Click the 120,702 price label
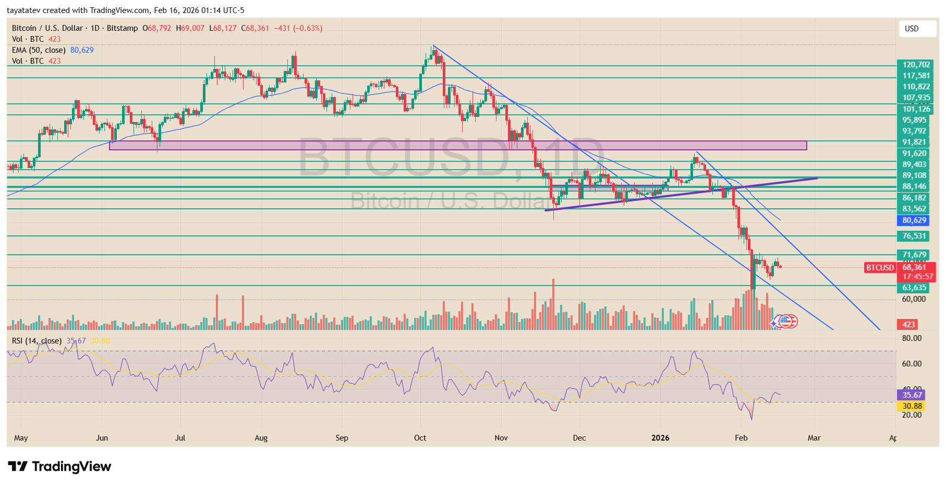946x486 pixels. coord(916,65)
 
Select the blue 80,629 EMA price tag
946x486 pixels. coord(914,220)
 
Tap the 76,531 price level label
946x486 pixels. coord(914,236)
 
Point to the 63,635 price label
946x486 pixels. coord(914,288)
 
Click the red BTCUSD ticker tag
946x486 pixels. coord(880,268)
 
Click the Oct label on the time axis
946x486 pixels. coord(420,438)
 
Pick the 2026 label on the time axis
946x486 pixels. coord(660,438)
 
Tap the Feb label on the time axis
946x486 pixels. coord(741,438)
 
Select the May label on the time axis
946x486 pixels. coord(21,438)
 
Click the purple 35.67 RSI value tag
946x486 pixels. coord(912,395)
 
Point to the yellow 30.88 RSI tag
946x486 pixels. coord(912,406)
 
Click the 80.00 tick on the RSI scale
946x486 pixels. coord(912,338)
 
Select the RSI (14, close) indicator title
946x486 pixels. coord(37,341)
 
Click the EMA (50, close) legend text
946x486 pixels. coord(39,50)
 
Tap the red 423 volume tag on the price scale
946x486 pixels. coord(908,325)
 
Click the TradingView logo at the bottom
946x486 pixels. coord(59,466)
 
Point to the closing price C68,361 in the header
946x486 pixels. coord(255,28)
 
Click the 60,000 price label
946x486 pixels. coord(914,299)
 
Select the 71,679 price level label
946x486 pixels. coord(914,255)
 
